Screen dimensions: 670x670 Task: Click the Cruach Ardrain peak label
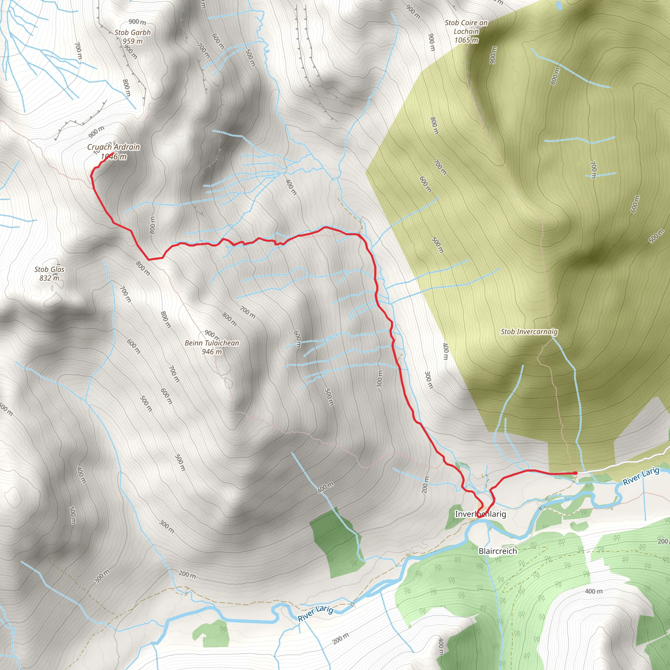click(x=114, y=147)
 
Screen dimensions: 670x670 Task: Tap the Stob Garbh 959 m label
click(x=132, y=33)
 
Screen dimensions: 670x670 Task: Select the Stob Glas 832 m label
click(x=49, y=270)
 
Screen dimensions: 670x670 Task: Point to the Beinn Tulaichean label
click(x=212, y=343)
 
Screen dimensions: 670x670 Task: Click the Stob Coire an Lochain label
click(x=466, y=27)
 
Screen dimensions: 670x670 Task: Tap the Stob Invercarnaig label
click(x=529, y=331)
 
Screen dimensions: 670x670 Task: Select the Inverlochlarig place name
click(x=480, y=514)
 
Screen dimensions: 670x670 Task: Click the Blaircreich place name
click(x=497, y=551)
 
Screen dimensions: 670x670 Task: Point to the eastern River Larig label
click(x=641, y=477)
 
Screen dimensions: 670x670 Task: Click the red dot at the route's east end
click(x=575, y=473)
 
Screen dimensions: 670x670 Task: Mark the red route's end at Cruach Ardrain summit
click(x=114, y=153)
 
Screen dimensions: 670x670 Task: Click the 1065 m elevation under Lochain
click(x=466, y=40)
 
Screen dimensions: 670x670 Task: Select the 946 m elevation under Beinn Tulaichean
click(x=212, y=352)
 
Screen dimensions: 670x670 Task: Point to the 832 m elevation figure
click(x=49, y=278)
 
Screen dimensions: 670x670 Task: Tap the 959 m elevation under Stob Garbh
click(x=132, y=41)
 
